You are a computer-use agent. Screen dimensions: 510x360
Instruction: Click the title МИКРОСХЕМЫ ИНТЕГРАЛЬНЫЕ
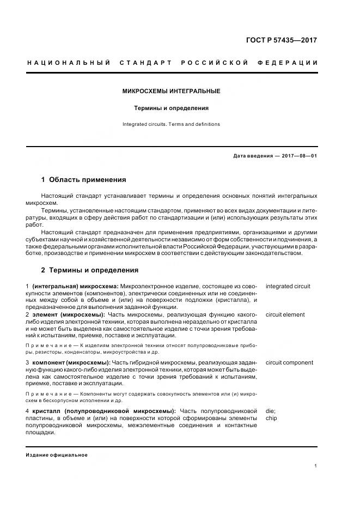172,91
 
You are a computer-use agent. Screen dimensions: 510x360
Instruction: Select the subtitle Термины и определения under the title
172,108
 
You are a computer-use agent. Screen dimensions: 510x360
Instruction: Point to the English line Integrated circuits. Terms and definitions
172,124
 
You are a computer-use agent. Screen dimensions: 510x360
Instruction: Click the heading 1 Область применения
83,179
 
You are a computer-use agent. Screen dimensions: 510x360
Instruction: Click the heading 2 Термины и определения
90,270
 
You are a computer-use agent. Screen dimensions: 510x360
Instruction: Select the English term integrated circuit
288,286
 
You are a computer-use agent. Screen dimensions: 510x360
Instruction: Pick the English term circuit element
285,314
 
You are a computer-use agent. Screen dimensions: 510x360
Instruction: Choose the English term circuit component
289,362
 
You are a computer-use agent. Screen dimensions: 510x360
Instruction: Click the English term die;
271,411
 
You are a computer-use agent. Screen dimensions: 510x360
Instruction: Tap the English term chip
271,418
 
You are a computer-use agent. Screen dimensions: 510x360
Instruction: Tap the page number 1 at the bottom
316,466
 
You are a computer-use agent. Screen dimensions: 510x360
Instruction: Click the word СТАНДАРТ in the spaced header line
146,63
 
